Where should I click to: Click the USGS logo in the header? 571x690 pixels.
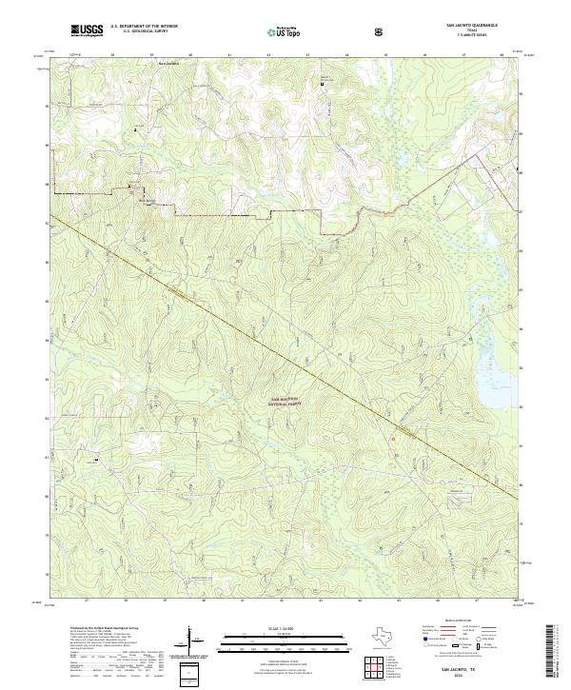tap(87, 31)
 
